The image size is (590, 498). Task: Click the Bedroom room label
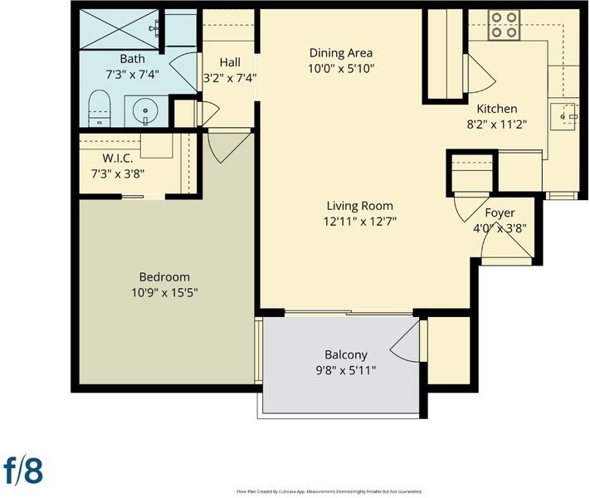(x=164, y=277)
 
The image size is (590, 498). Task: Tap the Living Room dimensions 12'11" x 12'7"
(x=360, y=222)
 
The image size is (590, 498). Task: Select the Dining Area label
(x=341, y=53)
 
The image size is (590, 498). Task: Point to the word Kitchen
(x=497, y=109)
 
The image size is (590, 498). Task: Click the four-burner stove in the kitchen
(x=505, y=25)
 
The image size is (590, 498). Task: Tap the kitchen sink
(x=564, y=117)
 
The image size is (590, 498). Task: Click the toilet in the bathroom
(x=100, y=109)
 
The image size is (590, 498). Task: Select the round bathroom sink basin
(x=145, y=111)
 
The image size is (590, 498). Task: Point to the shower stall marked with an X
(x=119, y=29)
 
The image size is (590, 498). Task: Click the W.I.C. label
(x=118, y=159)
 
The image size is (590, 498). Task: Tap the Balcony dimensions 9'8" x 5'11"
(x=346, y=371)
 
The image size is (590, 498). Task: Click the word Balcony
(x=346, y=355)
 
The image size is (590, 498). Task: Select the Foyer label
(x=500, y=213)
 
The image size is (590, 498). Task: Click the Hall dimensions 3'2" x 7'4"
(x=230, y=78)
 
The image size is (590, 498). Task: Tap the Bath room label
(x=132, y=59)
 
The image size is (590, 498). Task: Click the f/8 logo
(x=23, y=470)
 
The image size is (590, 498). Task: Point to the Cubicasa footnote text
(x=329, y=491)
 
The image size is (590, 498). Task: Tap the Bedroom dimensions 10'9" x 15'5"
(x=164, y=292)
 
